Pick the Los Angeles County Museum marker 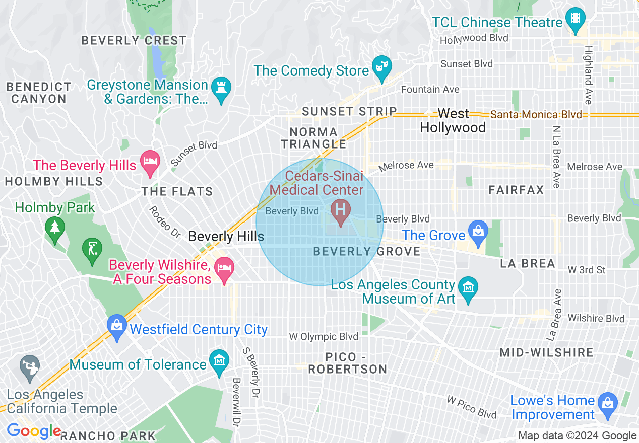click(x=469, y=287)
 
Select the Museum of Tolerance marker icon click(x=219, y=361)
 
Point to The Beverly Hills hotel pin click(x=150, y=162)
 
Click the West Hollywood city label click(x=453, y=120)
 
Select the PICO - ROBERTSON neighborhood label click(x=348, y=363)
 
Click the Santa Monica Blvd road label click(x=536, y=115)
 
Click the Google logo click(x=33, y=431)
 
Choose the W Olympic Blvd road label click(x=323, y=336)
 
